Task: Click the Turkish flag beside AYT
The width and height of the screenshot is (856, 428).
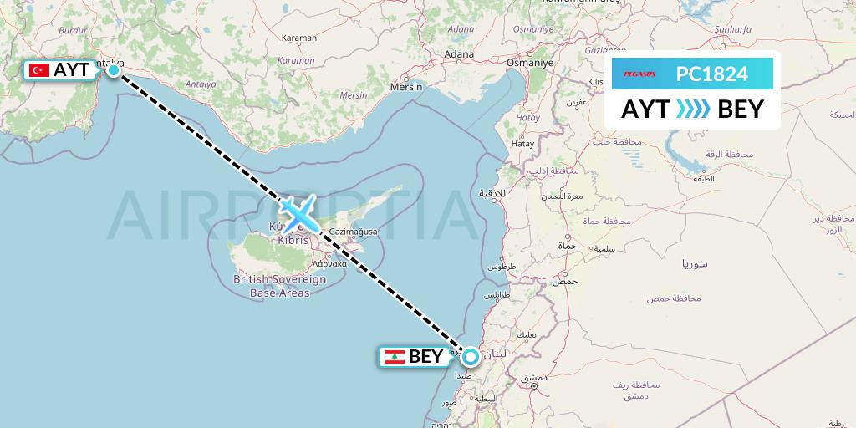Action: tap(39, 70)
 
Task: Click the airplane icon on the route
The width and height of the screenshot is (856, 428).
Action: tap(298, 214)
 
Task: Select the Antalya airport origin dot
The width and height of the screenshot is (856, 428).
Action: tap(113, 70)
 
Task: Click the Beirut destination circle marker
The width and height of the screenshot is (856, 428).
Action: tap(471, 357)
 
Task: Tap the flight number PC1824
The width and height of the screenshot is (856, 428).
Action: tap(711, 74)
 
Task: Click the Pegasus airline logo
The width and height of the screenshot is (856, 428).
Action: tap(639, 74)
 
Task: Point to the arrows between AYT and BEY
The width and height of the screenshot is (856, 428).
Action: tap(692, 109)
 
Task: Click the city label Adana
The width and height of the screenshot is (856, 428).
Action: tap(459, 56)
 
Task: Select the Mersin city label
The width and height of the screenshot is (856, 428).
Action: tap(407, 86)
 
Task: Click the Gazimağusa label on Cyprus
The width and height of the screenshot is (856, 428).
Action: tap(354, 231)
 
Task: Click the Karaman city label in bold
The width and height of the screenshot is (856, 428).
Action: tap(299, 38)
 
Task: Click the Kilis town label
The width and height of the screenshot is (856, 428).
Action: tap(595, 82)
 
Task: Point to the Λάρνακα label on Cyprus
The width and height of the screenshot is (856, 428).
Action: tap(329, 262)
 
